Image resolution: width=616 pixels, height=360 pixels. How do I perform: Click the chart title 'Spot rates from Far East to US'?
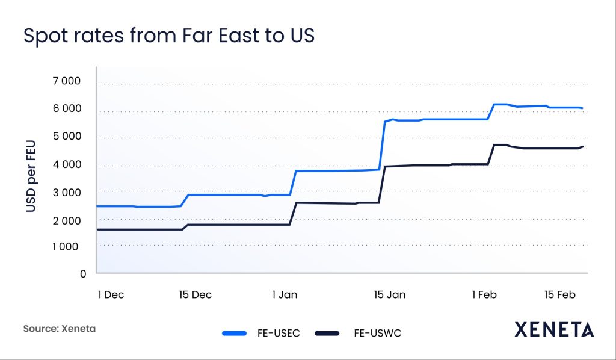click(x=168, y=36)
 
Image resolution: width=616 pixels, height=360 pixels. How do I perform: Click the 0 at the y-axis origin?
click(x=82, y=273)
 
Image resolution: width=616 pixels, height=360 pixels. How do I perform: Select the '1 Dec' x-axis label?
click(x=111, y=294)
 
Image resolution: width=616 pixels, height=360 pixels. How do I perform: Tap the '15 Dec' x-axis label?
click(x=195, y=294)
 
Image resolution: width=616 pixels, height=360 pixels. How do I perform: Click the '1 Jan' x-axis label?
click(x=285, y=294)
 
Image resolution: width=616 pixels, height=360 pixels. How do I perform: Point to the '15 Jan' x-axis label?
click(x=390, y=294)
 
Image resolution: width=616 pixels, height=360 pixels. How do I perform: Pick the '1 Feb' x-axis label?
click(x=485, y=294)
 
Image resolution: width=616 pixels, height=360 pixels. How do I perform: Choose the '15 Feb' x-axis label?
click(x=560, y=294)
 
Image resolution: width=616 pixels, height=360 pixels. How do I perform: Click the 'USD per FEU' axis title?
click(x=32, y=178)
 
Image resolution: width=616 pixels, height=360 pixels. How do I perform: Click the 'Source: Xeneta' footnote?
click(x=60, y=329)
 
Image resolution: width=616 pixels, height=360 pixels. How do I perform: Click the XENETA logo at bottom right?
click(x=554, y=329)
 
